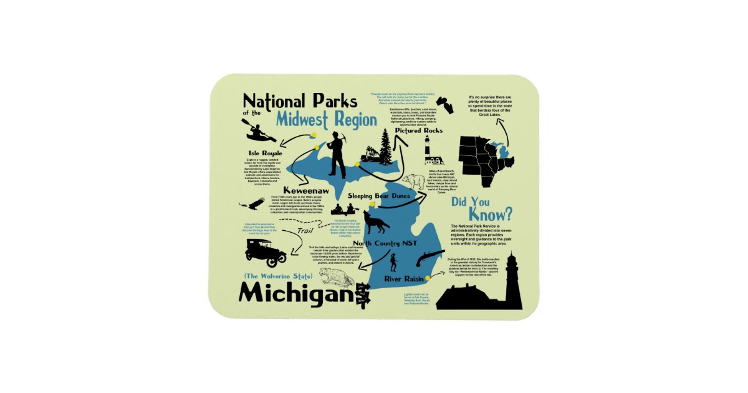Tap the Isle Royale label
pyautogui.click(x=266, y=153)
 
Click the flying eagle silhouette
pyautogui.click(x=251, y=203)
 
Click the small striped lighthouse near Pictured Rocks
pyautogui.click(x=430, y=150)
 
